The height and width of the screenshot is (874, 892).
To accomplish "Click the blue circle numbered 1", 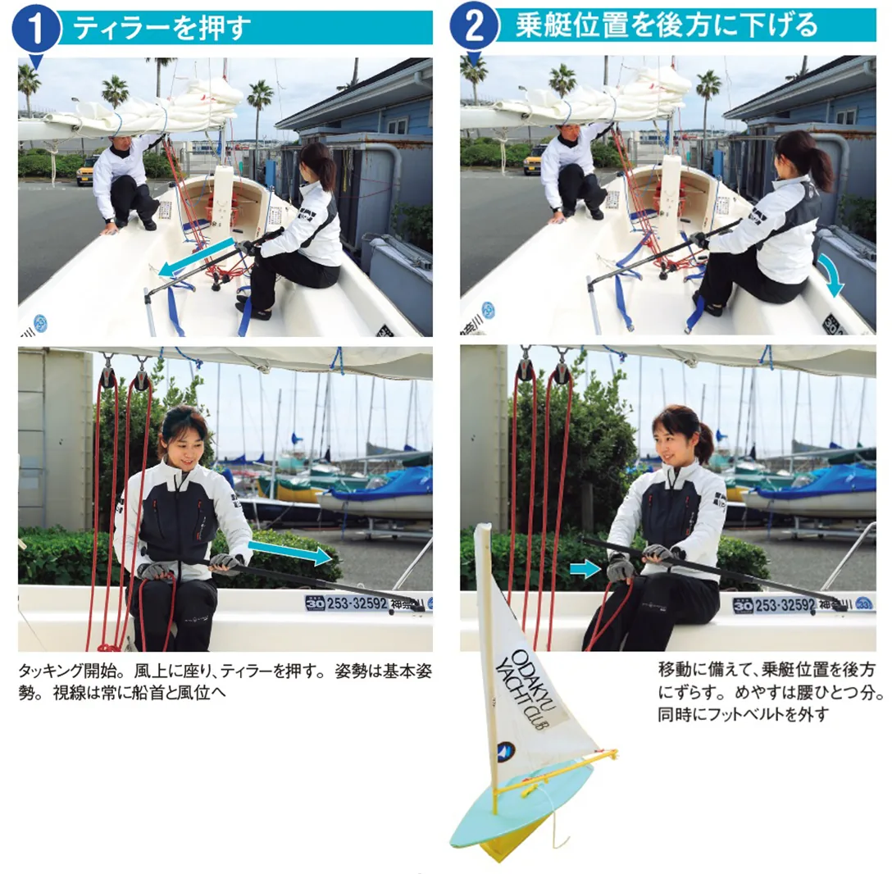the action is [x=36, y=27].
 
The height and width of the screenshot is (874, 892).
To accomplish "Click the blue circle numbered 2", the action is [x=474, y=26].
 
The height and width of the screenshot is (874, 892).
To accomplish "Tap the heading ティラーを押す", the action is [x=162, y=28].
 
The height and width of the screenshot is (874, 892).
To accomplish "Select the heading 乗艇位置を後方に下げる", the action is [x=666, y=25].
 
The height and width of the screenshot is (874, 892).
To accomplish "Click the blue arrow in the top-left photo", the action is [x=196, y=257].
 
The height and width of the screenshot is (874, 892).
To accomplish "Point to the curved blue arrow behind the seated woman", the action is [x=831, y=275].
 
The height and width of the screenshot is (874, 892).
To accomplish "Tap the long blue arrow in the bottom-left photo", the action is [x=290, y=552].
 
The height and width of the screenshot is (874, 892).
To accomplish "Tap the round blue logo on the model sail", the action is [x=506, y=751].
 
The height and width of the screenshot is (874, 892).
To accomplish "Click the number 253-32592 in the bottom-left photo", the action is [x=357, y=603].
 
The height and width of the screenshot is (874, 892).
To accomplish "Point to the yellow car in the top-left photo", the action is [x=89, y=171].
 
